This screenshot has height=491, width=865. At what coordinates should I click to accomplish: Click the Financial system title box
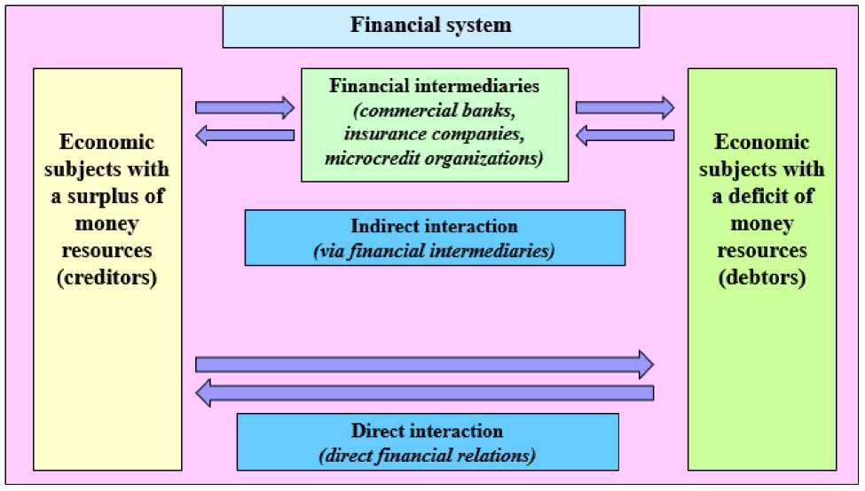(x=430, y=26)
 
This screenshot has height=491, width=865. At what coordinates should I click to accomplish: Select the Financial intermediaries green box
(x=435, y=124)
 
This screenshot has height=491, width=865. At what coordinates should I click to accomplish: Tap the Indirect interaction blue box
(x=435, y=238)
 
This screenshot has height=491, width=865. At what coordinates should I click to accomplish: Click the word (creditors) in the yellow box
(x=107, y=278)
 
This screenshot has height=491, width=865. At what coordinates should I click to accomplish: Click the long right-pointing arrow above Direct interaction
(x=424, y=363)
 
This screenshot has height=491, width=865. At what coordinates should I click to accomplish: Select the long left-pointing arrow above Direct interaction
(x=424, y=392)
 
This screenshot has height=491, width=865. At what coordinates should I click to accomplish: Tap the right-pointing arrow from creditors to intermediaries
(x=244, y=108)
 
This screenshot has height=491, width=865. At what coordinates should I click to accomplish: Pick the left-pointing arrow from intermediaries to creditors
(x=244, y=135)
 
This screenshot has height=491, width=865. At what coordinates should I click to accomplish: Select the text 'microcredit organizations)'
(x=435, y=158)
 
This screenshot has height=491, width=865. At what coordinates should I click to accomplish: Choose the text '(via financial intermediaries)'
(x=434, y=251)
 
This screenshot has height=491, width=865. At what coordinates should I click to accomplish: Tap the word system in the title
(x=478, y=25)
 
